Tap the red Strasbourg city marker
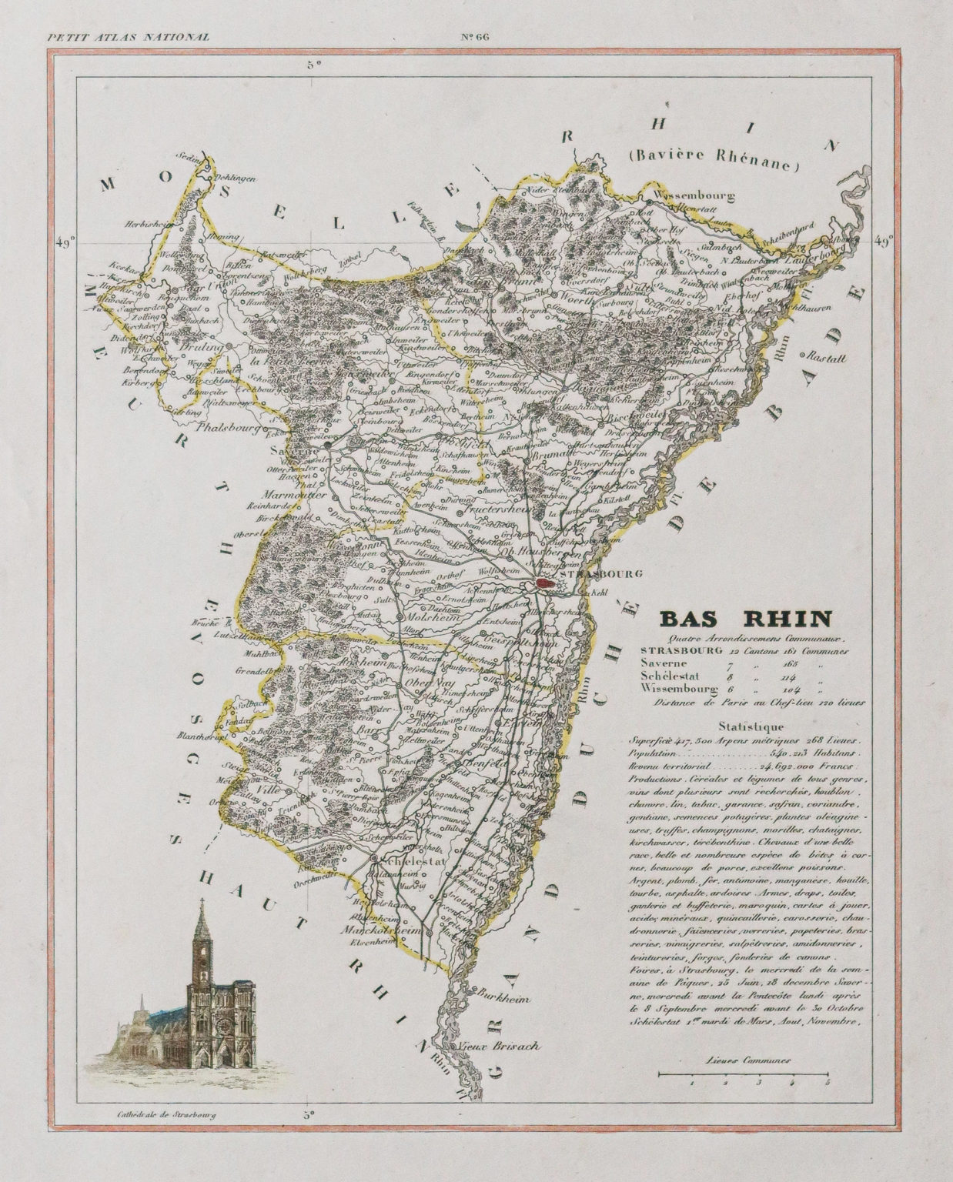545,585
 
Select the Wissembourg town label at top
691,195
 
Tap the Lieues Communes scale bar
743,1073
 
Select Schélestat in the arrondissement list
669,675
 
